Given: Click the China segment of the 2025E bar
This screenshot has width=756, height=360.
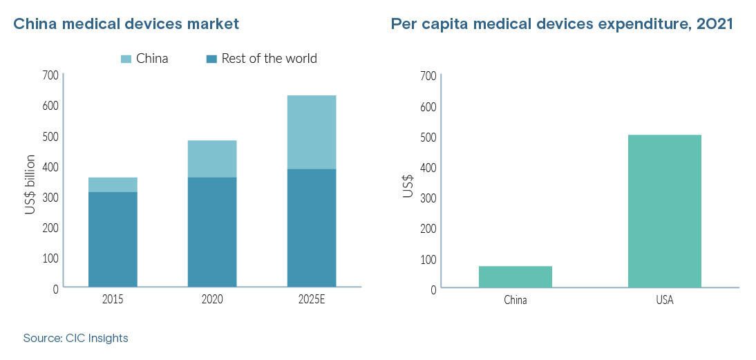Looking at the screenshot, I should point(312,132).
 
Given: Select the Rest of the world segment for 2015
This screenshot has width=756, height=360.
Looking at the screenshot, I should point(113,239).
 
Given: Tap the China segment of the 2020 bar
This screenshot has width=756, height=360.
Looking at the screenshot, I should point(212,159).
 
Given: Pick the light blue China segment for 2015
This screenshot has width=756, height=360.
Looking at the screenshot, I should point(113,184).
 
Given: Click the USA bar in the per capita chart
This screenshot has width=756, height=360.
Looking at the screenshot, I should point(664,211).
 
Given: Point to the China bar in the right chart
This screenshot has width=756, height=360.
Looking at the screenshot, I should point(515,276).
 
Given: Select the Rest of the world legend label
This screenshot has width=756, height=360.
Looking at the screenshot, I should point(269,59).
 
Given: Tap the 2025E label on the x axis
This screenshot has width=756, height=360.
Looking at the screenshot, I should point(312,301).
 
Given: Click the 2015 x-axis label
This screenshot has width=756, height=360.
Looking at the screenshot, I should point(113,301).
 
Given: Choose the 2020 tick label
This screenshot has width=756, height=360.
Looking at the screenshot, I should point(212,301).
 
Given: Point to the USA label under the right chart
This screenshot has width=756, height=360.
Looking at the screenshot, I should point(664,301).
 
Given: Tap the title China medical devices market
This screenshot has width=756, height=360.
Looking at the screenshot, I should point(126,24).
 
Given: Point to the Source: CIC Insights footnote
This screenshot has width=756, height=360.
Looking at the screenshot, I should point(75,339).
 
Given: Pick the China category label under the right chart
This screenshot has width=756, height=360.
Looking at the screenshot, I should point(515,301).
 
